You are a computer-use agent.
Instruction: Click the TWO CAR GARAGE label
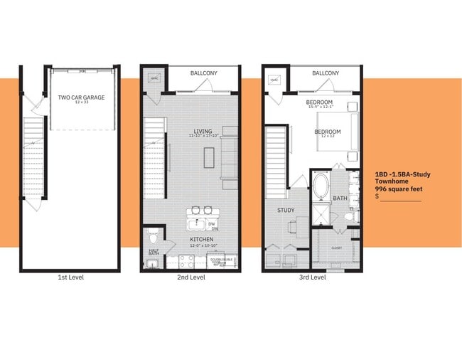84,97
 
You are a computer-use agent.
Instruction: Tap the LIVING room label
203,132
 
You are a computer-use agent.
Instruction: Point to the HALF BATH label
153,251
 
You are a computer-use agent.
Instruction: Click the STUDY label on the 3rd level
286,210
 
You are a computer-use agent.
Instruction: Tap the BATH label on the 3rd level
340,198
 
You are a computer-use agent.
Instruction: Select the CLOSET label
336,248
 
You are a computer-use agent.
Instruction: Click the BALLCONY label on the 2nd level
204,73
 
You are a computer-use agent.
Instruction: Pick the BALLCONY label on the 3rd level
325,73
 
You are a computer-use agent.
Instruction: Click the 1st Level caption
70,277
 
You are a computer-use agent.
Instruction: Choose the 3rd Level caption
312,277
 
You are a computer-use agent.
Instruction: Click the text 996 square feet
399,188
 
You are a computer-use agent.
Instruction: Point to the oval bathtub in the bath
321,189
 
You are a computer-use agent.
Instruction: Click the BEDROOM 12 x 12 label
328,132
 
